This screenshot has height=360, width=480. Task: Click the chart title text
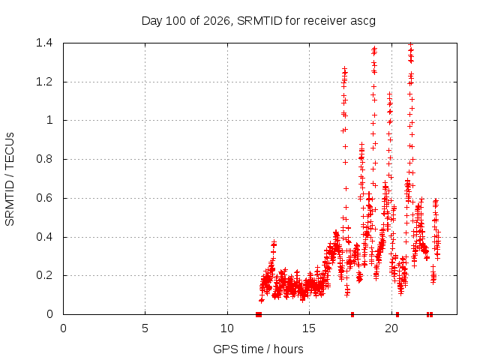pos(258,21)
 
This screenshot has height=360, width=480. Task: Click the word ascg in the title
pos(363,22)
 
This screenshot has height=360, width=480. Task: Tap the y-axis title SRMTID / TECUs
pos(10,179)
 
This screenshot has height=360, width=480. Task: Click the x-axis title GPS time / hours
pos(258,349)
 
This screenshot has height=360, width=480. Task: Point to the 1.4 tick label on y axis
pos(44,43)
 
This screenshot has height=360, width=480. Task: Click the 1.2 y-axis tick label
pos(44,82)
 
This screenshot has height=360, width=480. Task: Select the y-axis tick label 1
pos(49,120)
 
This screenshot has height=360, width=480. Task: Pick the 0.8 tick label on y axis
pos(44,159)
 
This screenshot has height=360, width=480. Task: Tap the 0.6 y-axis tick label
pos(44,198)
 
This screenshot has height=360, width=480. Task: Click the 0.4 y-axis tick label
pos(44,237)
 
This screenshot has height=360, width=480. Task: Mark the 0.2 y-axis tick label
pos(44,275)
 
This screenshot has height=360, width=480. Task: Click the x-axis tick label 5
pos(145,328)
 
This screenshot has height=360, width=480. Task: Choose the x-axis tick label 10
pos(227,328)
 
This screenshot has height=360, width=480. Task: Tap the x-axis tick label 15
pos(309,328)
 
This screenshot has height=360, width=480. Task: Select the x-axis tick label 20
pos(391,328)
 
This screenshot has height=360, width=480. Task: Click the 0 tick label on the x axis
pos(63,328)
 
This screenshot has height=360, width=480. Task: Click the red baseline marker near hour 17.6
pos(352,314)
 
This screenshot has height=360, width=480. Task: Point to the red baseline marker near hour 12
pos(259,314)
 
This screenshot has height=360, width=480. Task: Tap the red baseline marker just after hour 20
pos(397,314)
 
